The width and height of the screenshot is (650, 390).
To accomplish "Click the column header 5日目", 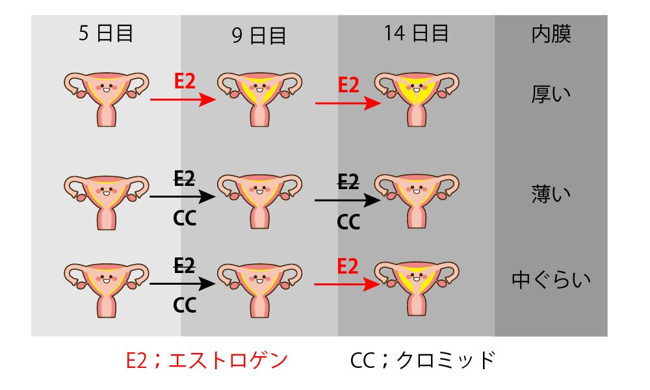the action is tap(106, 33).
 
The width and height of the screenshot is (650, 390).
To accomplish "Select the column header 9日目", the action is tap(259, 36).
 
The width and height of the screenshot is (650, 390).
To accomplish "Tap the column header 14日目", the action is tap(416, 33).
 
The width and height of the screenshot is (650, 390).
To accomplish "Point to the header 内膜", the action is tap(551, 34).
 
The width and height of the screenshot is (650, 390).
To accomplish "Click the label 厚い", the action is tap(551, 94).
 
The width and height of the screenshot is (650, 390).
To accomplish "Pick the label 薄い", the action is tap(551, 194).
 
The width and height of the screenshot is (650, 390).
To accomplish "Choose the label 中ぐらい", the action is tap(551, 279).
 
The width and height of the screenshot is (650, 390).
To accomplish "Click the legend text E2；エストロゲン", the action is tap(207, 359).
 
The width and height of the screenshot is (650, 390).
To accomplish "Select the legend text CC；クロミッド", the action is tap(423, 359).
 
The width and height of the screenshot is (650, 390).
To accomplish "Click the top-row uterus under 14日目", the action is tap(417, 99).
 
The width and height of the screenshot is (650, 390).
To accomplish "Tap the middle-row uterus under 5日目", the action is tap(106, 202).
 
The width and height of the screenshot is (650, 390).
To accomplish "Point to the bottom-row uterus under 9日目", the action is tap(259, 291).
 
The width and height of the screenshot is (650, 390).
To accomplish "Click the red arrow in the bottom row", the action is tap(347, 284).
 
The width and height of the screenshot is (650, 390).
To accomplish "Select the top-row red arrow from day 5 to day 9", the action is tap(183, 99).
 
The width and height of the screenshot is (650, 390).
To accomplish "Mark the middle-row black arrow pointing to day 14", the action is tap(347, 201).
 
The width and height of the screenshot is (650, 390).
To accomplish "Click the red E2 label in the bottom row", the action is tap(347, 266).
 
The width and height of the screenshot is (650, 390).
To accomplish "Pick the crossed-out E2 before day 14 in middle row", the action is tap(348, 181).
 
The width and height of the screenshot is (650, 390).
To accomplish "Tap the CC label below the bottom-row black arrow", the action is tap(185, 305).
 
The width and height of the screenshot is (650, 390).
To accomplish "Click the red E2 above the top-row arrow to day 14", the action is tap(348, 85).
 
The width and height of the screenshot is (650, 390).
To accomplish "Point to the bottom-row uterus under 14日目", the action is tap(417, 289).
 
